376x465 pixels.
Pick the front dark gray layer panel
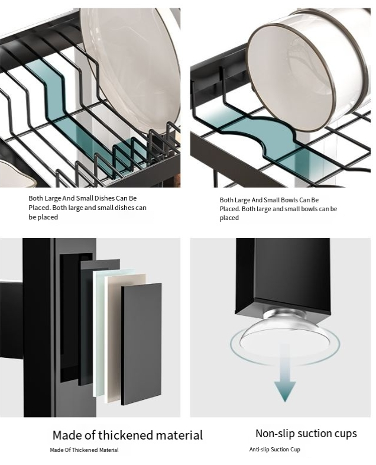141,344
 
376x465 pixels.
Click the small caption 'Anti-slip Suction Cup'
275,449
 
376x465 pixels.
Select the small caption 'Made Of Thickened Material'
84,450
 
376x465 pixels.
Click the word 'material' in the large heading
179,435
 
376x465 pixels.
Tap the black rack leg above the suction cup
283,276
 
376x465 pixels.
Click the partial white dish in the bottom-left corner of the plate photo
17,174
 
